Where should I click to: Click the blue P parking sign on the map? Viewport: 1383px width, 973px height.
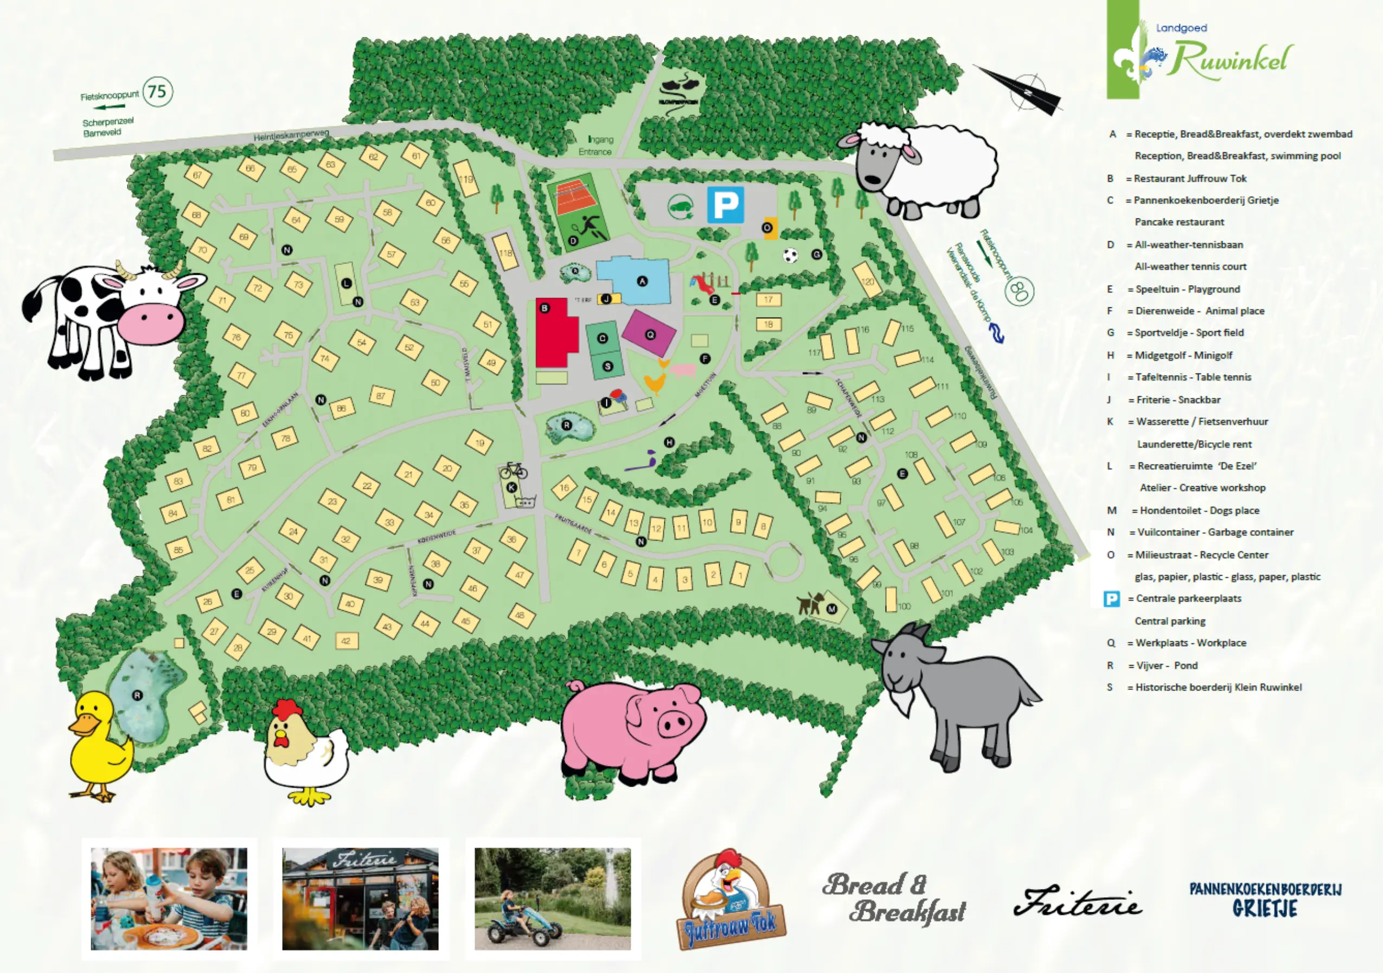point(725,205)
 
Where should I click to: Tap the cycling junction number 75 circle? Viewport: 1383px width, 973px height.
point(157,92)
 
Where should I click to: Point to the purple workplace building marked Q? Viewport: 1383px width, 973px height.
point(649,333)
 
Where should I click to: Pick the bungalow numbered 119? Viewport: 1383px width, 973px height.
point(466,178)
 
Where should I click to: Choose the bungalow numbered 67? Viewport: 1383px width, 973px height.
point(198,175)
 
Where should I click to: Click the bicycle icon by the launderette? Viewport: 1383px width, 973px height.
point(513,469)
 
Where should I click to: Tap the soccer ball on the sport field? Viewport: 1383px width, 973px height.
point(790,255)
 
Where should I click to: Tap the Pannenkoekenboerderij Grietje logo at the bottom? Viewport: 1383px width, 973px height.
point(1265,899)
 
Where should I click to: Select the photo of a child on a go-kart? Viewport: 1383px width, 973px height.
point(552,898)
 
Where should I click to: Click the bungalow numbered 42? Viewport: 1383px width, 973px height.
point(346,641)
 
